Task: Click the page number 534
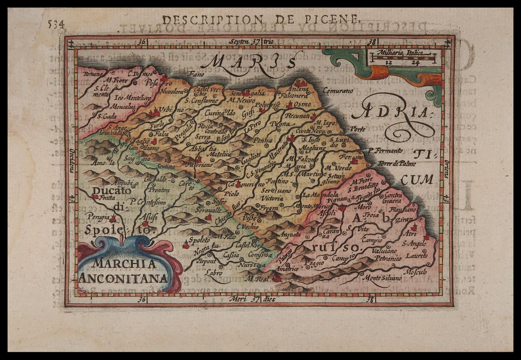click(56, 24)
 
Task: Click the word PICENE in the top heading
click(339, 19)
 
